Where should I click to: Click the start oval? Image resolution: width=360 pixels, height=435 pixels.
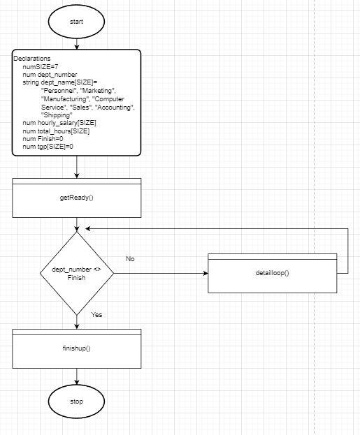76,22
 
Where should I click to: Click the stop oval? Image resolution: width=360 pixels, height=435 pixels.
76,401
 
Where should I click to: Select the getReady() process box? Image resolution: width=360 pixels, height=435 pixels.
76,198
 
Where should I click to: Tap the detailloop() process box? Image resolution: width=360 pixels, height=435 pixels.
277,272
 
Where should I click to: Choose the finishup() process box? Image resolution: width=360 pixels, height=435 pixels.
76,348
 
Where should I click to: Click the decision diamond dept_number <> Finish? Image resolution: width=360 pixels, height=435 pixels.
76,273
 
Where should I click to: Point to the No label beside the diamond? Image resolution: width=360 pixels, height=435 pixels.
130,259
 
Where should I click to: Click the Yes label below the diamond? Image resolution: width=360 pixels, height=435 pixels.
96,315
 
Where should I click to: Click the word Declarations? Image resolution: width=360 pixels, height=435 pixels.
31,58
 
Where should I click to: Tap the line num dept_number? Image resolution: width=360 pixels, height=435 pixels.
50,74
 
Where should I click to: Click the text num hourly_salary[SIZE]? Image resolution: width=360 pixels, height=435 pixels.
60,123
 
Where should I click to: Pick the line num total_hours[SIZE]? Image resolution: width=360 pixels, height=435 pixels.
56,131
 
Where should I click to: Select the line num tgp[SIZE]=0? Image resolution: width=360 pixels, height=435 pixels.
48,147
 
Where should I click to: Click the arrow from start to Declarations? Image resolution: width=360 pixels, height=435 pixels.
76,43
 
